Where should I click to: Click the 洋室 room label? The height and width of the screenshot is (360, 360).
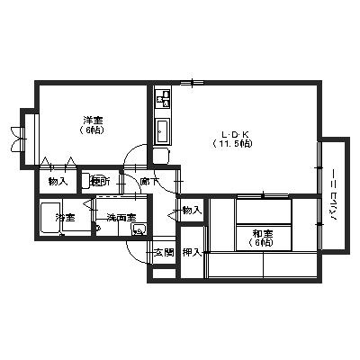(92, 120)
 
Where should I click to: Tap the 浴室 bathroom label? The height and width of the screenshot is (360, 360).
(64, 218)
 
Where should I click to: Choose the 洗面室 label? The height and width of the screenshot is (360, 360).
(120, 218)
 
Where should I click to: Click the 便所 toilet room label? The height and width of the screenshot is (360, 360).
(101, 182)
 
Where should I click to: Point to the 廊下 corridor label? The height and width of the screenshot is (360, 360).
(149, 182)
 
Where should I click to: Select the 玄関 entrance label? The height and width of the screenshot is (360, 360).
(163, 251)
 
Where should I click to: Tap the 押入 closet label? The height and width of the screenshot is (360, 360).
(192, 251)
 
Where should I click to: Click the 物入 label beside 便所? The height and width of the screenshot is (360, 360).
(58, 181)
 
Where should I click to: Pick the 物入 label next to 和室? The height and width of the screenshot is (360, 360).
(192, 210)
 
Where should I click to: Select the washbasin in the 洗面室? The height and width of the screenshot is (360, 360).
(137, 229)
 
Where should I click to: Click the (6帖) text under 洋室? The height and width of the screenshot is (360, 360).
(92, 131)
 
